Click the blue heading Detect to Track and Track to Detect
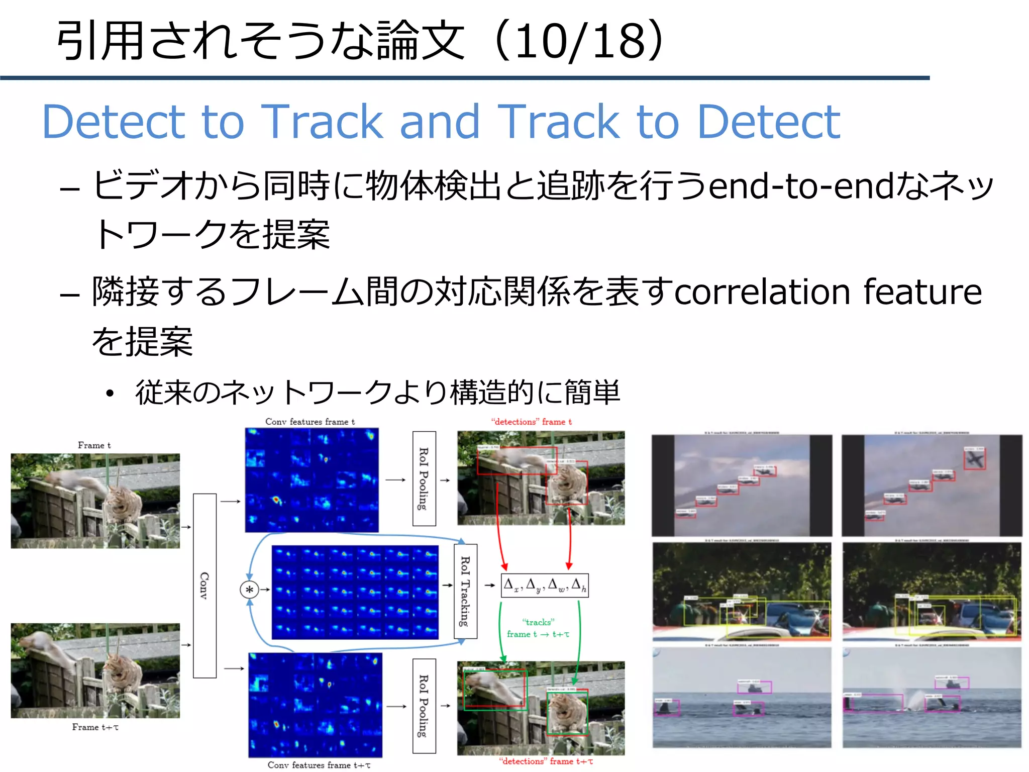point(441,122)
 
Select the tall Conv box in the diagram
point(204,586)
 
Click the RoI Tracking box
point(465,591)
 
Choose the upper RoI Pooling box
point(424,478)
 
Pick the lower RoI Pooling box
point(424,706)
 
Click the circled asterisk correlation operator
point(249,590)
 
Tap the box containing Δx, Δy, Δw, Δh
point(545,586)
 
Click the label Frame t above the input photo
point(94,445)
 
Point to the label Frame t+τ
point(95,727)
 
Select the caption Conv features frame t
point(310,422)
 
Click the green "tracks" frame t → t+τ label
point(538,628)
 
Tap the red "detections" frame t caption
point(531,422)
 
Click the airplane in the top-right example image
point(974,459)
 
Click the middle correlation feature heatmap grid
point(355,592)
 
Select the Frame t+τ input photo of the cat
point(95,670)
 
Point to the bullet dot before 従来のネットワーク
point(110,394)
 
